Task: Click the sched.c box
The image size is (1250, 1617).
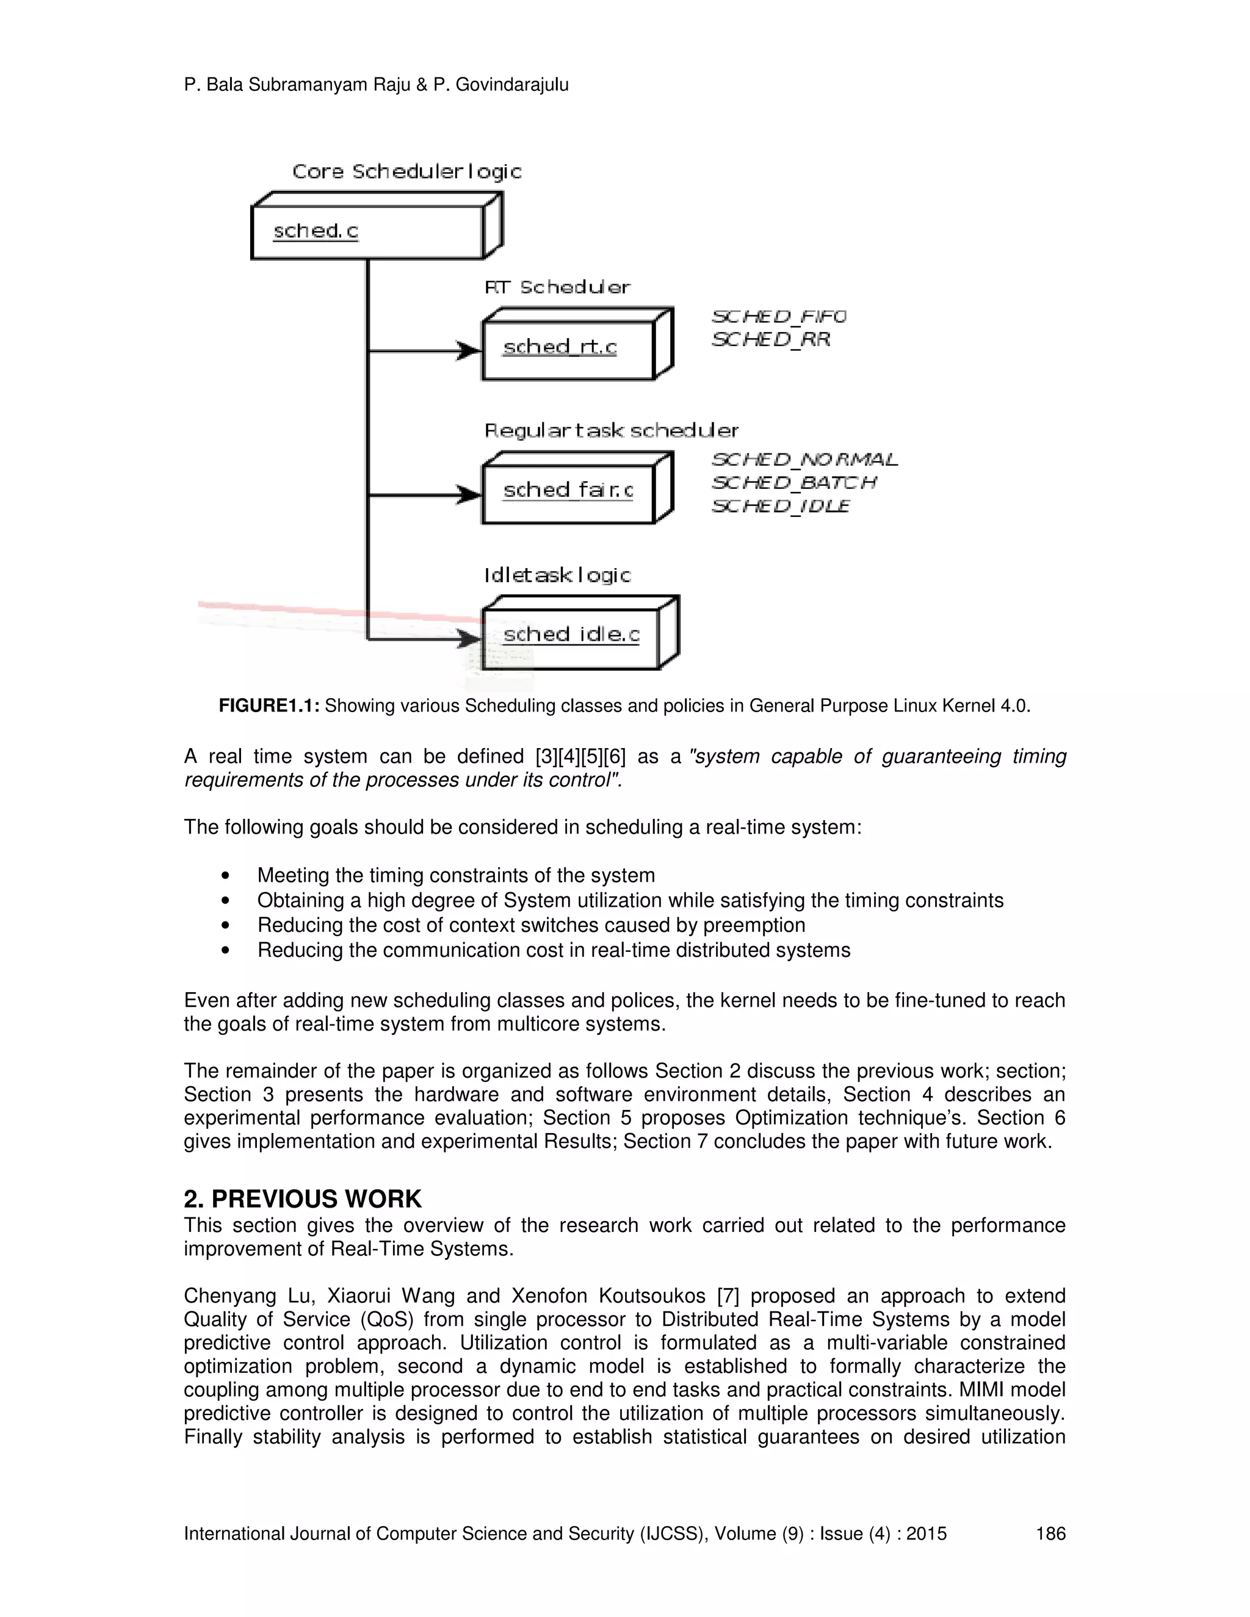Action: [x=367, y=232]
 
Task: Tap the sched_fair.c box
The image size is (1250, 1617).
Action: [x=568, y=490]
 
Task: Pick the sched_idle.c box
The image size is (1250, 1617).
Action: [x=570, y=635]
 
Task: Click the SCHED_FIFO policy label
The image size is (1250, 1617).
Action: [x=779, y=317]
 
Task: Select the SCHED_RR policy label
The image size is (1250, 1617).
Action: [x=771, y=340]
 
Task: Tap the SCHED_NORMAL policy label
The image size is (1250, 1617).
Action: [x=805, y=460]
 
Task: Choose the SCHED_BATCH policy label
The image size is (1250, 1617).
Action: [x=794, y=483]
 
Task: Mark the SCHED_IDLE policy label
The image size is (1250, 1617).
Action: [x=781, y=506]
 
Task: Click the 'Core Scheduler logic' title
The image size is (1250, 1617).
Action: [x=406, y=172]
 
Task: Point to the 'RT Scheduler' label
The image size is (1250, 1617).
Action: [x=557, y=287]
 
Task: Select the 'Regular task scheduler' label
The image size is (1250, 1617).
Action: [x=611, y=431]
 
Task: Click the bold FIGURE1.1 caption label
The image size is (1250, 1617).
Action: [x=269, y=705]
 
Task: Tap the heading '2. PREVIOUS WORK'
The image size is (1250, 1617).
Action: [x=302, y=1198]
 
